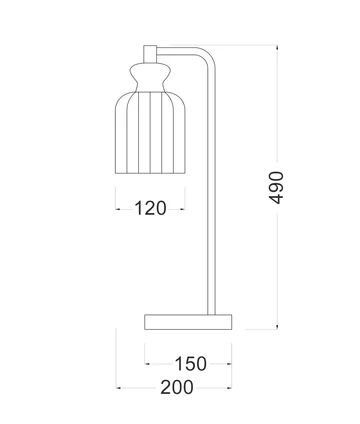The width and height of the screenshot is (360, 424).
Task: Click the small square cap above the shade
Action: (151, 53)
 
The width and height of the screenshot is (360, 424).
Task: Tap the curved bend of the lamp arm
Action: (207, 58)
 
